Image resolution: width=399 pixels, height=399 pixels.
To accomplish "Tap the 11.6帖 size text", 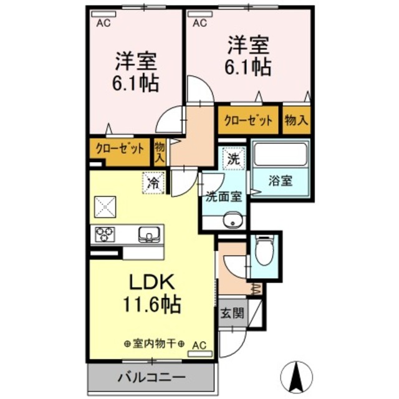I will pos(151,305).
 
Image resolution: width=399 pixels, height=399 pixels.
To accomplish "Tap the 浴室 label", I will pos(281,181).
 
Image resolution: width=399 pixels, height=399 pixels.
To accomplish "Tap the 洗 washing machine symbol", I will pos(233,158).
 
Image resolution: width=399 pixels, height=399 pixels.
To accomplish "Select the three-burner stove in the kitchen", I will pos(104,234).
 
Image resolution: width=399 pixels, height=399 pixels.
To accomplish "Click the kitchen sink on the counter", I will pos(150,235).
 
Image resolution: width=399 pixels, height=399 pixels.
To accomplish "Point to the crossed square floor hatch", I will pos(105,205).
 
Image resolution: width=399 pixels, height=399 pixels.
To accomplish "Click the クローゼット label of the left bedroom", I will pos(120,148).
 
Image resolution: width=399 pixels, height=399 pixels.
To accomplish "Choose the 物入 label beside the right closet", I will pos(296,120).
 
